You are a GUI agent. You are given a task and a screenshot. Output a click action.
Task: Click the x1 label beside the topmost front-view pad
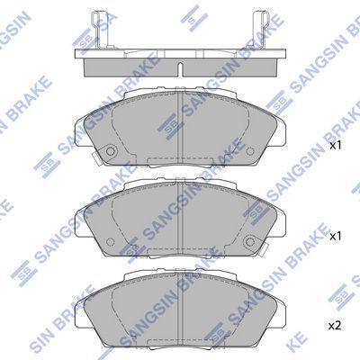coord(336,146)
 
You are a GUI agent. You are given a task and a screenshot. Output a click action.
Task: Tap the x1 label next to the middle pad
coord(336,237)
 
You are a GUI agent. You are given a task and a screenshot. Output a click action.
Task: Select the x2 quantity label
coord(335,326)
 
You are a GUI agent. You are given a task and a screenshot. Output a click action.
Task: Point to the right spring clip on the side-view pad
coord(261,30)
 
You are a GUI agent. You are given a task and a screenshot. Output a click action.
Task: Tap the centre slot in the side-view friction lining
coord(180,68)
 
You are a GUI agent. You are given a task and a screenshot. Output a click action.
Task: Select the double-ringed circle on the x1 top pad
coord(111,151)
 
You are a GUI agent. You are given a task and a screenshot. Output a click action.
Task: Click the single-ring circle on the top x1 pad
coord(249,151)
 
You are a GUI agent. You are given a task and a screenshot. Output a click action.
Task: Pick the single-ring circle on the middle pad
coord(111,241)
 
